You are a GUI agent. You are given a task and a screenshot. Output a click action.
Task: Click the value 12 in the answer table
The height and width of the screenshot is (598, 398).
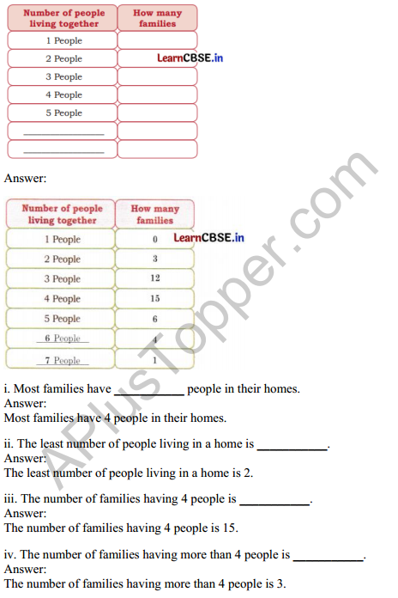[154, 278]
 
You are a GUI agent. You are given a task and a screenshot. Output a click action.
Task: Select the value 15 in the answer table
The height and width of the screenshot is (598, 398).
[154, 299]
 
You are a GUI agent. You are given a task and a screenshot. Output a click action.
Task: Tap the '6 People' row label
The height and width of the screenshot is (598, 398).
[63, 339]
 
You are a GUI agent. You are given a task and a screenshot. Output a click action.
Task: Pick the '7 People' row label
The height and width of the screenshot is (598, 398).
[63, 361]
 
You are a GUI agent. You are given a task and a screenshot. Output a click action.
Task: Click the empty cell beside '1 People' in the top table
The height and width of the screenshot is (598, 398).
[157, 40]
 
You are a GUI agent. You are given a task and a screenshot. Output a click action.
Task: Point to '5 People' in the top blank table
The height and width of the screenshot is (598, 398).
[63, 113]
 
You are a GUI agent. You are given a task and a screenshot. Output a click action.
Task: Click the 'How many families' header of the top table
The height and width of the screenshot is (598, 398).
[157, 18]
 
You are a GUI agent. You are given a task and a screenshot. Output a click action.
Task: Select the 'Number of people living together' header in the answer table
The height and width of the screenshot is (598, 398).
[62, 214]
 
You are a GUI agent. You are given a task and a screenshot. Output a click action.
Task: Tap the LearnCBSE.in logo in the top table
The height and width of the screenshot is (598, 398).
[191, 58]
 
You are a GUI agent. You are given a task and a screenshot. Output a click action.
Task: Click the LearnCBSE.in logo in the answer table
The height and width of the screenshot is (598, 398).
[208, 238]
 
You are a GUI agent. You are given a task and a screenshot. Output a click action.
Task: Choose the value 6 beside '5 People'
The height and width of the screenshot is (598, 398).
[154, 319]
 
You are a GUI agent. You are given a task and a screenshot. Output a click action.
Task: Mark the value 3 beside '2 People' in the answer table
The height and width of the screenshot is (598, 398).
[154, 259]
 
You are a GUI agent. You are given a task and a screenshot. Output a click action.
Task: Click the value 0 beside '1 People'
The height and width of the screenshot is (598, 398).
[154, 239]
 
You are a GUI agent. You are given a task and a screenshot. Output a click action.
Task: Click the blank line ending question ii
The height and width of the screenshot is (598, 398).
[292, 445]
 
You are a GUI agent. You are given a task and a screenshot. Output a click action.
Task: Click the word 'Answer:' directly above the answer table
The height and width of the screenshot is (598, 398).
[26, 179]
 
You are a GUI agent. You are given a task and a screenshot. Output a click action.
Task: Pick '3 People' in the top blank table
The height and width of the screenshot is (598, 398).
[63, 76]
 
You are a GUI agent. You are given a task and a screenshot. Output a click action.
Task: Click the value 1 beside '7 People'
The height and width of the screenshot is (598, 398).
[154, 360]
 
